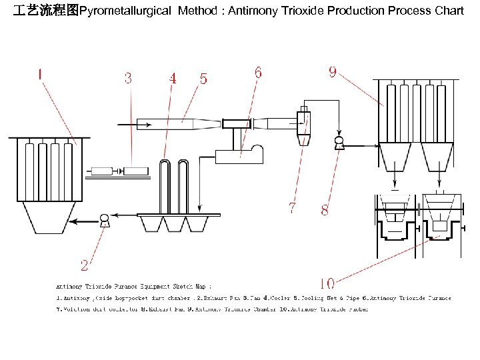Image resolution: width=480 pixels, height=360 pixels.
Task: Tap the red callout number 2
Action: pyautogui.click(x=85, y=265)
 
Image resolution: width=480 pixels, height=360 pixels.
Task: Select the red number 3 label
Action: pyautogui.click(x=127, y=77)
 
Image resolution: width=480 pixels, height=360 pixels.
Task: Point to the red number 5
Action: pyautogui.click(x=203, y=79)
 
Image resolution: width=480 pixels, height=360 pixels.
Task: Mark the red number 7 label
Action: pyautogui.click(x=292, y=208)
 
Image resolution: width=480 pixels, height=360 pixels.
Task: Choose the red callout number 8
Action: pyautogui.click(x=325, y=209)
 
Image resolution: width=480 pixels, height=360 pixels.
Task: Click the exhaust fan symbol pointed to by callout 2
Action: pyautogui.click(x=104, y=218)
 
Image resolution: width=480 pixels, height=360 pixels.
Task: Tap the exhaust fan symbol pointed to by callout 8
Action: pyautogui.click(x=339, y=142)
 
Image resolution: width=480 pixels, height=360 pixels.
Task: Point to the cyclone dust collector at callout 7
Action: pyautogui.click(x=303, y=125)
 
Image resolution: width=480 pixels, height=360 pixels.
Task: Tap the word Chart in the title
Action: pyautogui.click(x=448, y=11)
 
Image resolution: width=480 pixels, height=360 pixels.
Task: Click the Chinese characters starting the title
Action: pyautogui.click(x=46, y=11)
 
